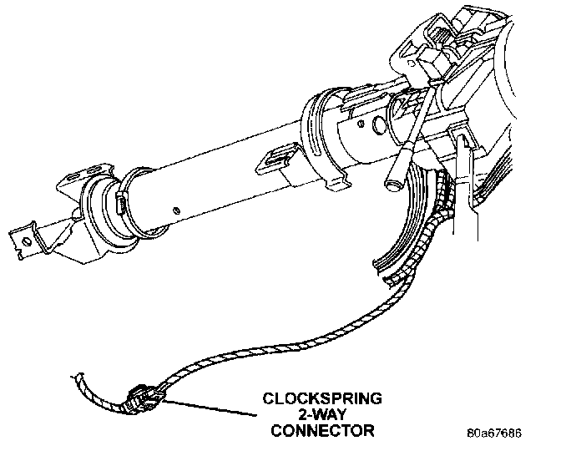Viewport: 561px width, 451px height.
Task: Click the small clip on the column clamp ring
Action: (x=120, y=203)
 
